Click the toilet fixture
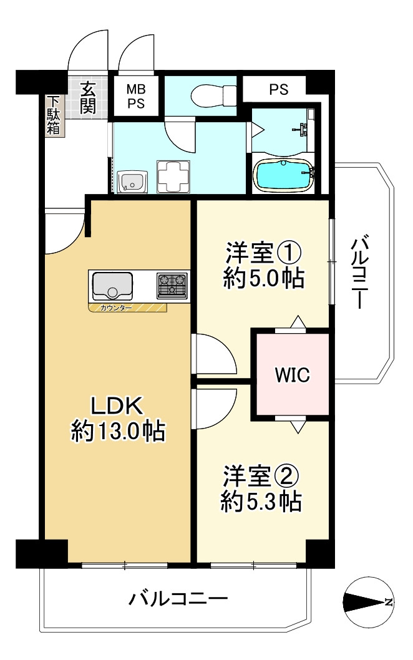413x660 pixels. click(x=214, y=96)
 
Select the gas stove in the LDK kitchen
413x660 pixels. click(x=172, y=286)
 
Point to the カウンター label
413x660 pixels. click(x=116, y=308)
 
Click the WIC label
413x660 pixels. click(x=292, y=375)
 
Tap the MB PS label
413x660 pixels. click(x=136, y=96)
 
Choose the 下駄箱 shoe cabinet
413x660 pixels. click(x=53, y=115)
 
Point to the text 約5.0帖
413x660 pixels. click(x=263, y=278)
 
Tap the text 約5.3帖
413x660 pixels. click(x=261, y=501)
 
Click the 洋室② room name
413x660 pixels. click(x=261, y=475)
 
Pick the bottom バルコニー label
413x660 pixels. click(x=178, y=598)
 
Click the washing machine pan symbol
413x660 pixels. click(x=173, y=177)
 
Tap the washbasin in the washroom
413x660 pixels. click(x=132, y=182)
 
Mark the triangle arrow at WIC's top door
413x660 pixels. click(x=298, y=321)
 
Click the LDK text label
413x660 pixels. click(x=117, y=406)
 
